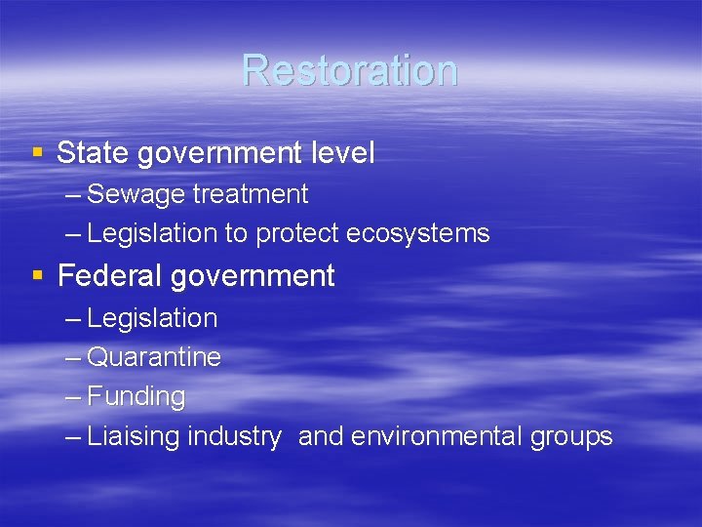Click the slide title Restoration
point(350,70)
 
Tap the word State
point(94,153)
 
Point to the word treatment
point(250,194)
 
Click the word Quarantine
point(154,358)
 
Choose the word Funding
point(136,397)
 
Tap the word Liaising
point(134,437)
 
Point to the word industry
point(233,436)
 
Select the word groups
point(571,437)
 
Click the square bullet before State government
point(38,153)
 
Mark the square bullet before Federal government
point(38,276)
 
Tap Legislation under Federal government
point(152,318)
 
